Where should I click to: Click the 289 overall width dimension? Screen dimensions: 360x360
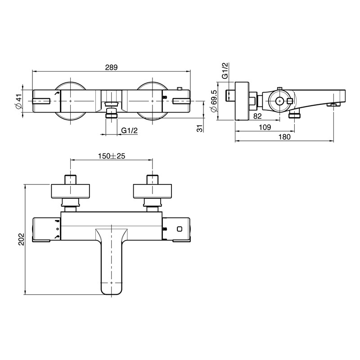[x=111, y=67]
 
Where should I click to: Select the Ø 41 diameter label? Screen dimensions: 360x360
[x=18, y=101]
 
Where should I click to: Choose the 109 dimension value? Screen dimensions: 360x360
[x=265, y=127]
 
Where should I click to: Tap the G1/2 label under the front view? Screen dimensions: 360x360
[x=129, y=130]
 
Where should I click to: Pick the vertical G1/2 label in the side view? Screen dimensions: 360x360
[x=225, y=71]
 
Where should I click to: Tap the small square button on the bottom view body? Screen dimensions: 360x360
[x=180, y=229]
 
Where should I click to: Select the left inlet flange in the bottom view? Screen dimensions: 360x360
[x=72, y=191]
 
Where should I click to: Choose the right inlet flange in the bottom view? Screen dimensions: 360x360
[x=152, y=191]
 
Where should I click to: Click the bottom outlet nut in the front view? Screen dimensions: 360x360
[x=111, y=115]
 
